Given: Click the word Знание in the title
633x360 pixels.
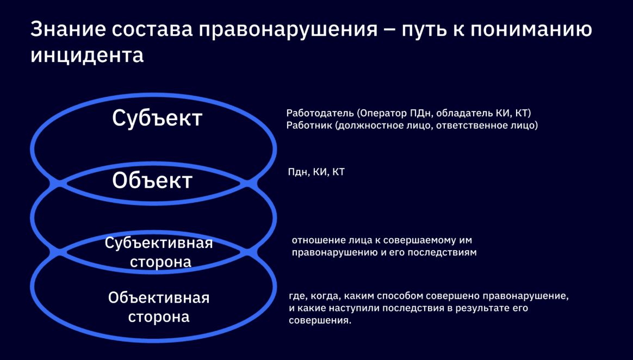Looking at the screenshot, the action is [x=66, y=30].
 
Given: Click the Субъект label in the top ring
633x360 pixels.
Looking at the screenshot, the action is [x=157, y=118].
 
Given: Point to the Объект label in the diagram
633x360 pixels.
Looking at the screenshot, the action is [x=152, y=181].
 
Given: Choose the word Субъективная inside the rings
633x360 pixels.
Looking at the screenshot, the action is [x=159, y=244].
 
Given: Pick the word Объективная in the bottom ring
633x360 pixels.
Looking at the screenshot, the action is [x=159, y=298].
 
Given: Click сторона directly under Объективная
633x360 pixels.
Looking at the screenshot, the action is [x=159, y=316].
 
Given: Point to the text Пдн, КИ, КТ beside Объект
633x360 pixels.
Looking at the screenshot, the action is [x=316, y=172].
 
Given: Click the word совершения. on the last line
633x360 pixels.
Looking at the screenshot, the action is [x=320, y=321].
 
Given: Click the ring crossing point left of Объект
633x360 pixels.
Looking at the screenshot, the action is [x=58, y=184].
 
